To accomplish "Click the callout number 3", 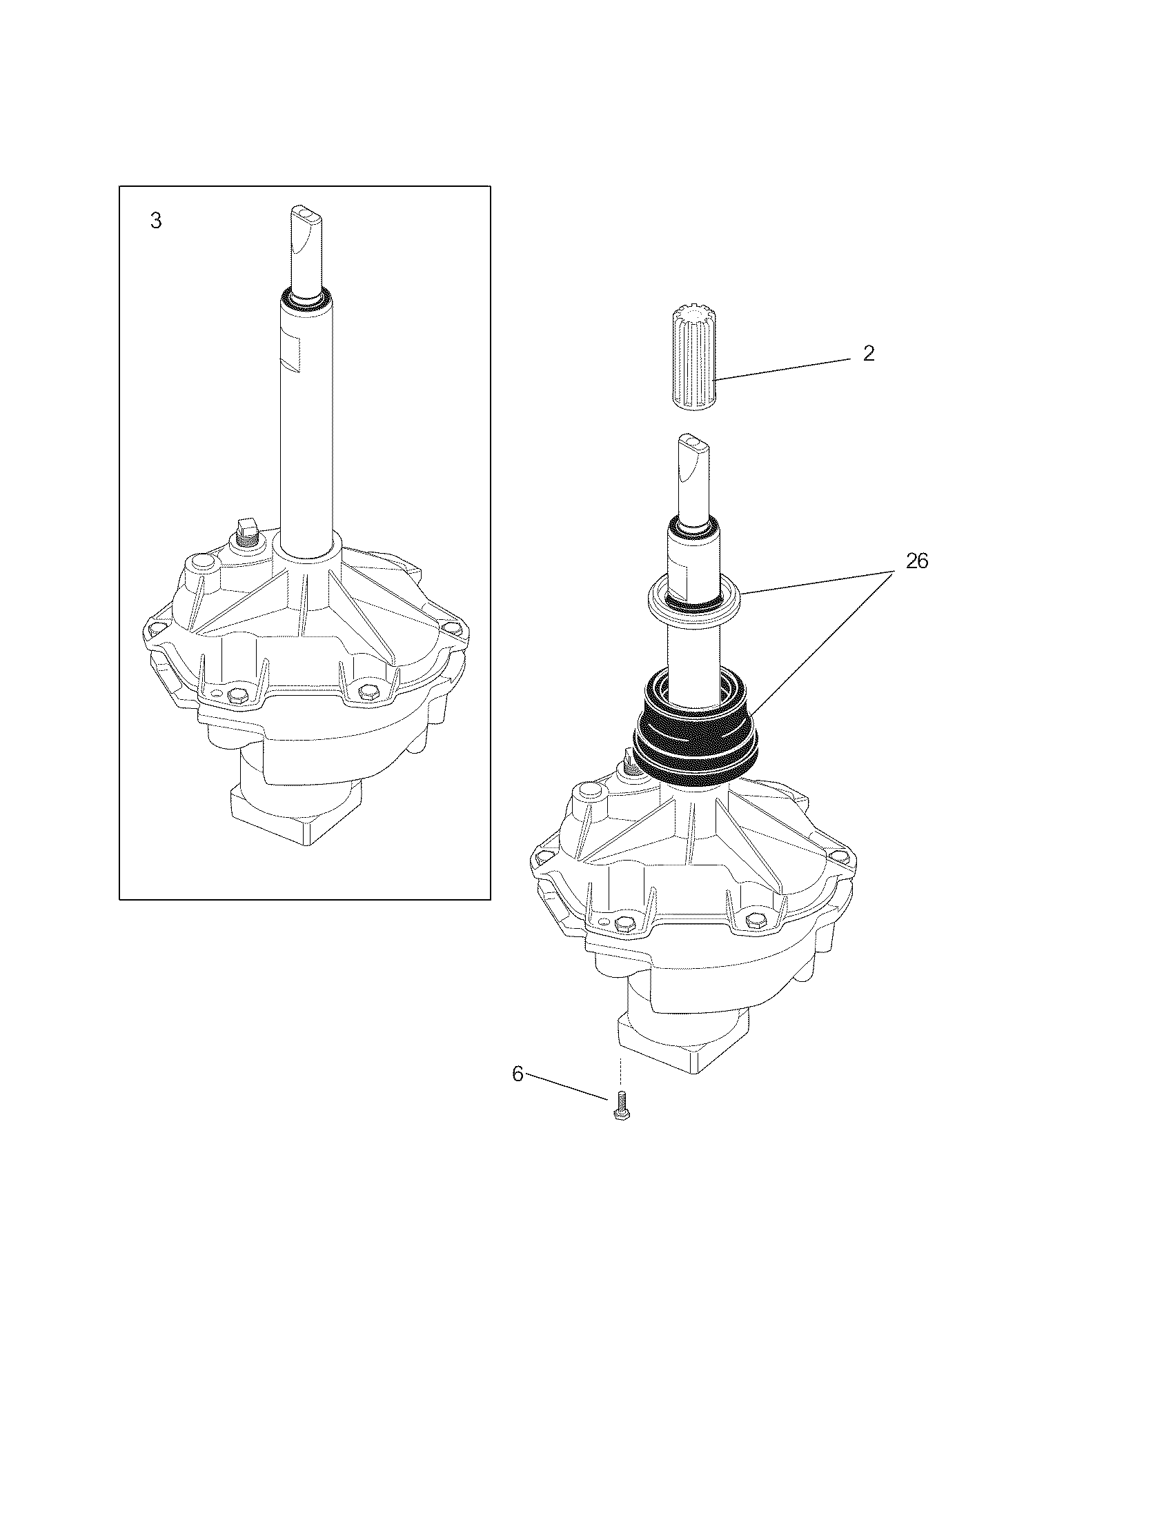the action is (x=157, y=221).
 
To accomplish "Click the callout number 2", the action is (x=868, y=354).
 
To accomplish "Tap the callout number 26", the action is (x=916, y=561).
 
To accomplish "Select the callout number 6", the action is (x=517, y=1074).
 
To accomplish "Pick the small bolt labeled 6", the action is (x=622, y=1107).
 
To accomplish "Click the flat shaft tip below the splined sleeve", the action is (x=695, y=441).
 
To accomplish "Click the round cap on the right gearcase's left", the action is (x=588, y=791).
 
